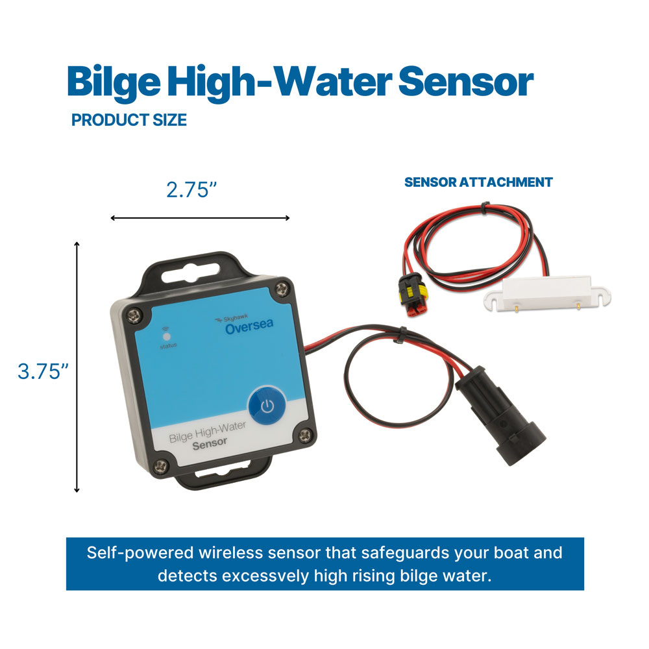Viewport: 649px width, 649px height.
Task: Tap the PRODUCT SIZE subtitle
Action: click(x=129, y=120)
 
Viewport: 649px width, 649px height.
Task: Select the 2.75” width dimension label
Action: click(x=191, y=190)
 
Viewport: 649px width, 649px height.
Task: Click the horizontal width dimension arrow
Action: click(x=200, y=217)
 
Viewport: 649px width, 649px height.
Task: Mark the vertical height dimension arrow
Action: click(x=77, y=367)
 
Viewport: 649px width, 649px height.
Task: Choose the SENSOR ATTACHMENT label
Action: click(x=478, y=182)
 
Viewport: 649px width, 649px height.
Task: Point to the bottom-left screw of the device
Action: click(x=163, y=463)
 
